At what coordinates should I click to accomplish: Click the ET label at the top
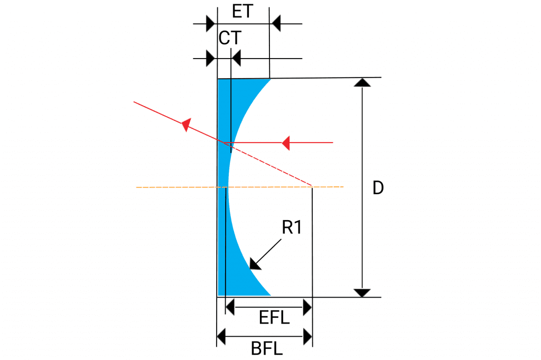tap(242, 12)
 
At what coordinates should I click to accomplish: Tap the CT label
tap(230, 38)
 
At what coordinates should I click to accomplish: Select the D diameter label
tap(378, 188)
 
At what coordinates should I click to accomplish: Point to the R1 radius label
tap(292, 227)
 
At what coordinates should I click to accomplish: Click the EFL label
tap(274, 318)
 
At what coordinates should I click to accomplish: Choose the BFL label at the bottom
tap(267, 348)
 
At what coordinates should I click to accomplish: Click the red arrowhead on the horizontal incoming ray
tap(286, 143)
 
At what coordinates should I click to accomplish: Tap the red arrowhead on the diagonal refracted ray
tap(186, 125)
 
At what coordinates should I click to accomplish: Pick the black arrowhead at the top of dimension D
tap(362, 82)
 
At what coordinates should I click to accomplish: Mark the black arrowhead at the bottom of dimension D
tap(362, 293)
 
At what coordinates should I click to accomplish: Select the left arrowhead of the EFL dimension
tap(230, 307)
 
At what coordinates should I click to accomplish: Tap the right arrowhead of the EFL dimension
tap(307, 307)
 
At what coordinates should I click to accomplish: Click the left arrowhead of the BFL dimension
tap(221, 337)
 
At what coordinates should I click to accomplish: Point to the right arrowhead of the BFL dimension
tap(308, 337)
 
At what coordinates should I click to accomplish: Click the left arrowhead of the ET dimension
tap(210, 24)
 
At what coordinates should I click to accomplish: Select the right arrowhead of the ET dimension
tap(276, 24)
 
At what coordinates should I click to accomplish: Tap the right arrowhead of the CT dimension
tap(236, 58)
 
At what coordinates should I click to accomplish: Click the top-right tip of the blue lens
tap(270, 79)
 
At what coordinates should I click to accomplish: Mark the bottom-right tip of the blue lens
tap(271, 295)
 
